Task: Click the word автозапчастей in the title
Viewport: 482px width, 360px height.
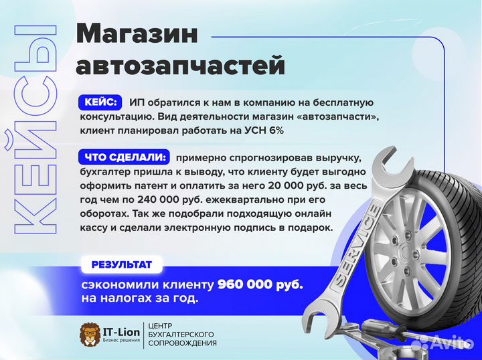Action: pos(180,66)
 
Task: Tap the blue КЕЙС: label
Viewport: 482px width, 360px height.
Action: pos(100,102)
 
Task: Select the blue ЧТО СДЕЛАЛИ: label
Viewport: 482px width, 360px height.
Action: pos(125,157)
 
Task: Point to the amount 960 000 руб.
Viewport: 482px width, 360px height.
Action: pos(260,284)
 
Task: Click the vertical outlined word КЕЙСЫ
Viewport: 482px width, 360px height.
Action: pos(35,130)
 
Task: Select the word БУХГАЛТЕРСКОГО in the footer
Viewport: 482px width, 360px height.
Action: pos(183,333)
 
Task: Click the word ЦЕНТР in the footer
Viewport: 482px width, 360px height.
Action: pos(168,324)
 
